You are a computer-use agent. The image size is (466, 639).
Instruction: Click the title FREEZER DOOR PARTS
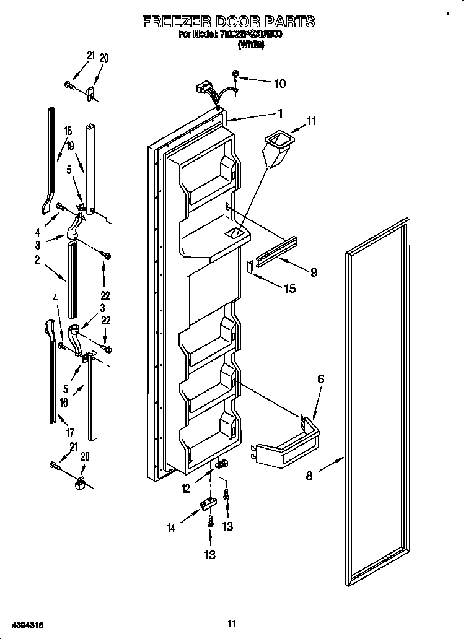pos(229,22)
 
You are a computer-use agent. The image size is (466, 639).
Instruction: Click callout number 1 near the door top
pos(280,113)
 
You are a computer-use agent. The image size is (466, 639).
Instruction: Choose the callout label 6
pos(320,380)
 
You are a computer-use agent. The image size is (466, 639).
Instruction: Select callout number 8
pos(309,476)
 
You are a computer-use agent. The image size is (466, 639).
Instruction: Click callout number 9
pos(314,271)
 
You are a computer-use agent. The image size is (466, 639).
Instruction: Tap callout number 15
pos(289,288)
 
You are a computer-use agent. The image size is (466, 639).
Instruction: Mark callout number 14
pos(170,528)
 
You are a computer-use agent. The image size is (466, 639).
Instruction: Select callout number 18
pos(68,131)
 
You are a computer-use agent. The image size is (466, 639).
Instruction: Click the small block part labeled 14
pos(204,507)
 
